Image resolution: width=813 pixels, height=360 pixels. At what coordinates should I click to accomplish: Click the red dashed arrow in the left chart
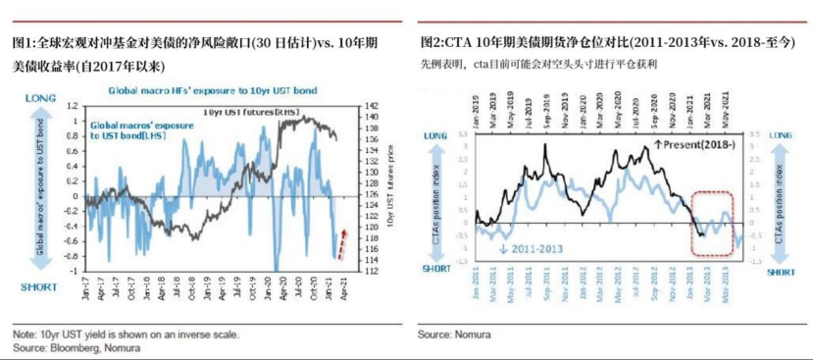(343, 242)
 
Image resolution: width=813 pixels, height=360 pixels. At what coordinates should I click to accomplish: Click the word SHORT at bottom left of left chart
(40, 286)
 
